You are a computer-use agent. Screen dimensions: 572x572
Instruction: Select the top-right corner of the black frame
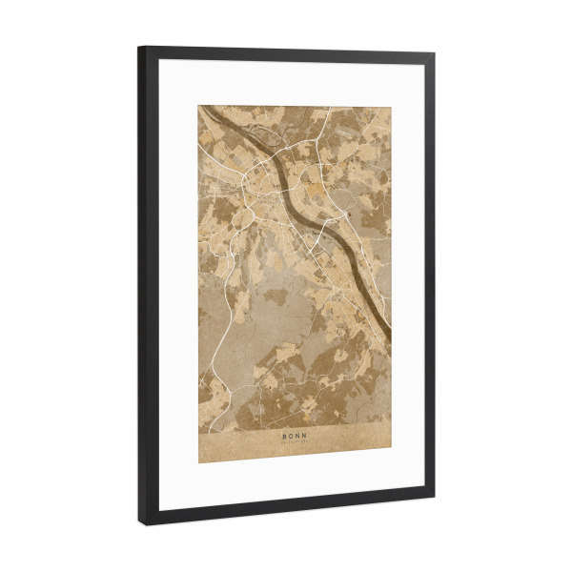435,54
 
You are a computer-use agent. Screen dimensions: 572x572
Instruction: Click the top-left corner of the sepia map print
198,106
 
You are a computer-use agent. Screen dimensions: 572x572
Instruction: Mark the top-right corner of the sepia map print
390,106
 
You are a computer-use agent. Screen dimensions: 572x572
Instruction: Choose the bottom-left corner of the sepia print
198,462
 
